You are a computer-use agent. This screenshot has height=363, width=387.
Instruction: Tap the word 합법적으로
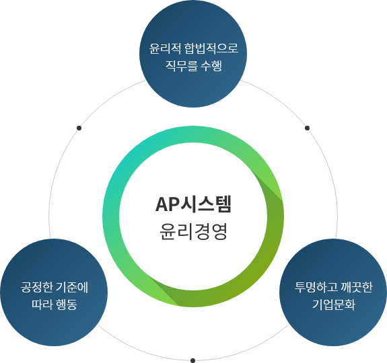coord(211,48)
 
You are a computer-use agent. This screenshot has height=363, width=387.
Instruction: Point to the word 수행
coord(211,66)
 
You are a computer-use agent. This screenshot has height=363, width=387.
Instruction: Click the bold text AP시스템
coord(193,204)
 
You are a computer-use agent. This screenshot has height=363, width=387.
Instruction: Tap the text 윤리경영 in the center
coord(193,231)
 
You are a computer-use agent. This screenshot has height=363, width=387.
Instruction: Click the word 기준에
coord(72,287)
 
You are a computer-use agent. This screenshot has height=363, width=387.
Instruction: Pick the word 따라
coord(42,305)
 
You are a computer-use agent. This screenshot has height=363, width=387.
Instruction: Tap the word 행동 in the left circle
coord(67,305)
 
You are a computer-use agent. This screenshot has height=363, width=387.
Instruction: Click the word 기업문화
coord(334,305)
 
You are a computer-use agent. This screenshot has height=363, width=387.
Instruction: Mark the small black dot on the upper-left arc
coord(79,128)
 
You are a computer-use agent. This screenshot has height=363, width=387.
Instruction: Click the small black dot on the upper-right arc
coord(308,128)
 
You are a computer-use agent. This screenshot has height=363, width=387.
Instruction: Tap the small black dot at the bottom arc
coord(193,360)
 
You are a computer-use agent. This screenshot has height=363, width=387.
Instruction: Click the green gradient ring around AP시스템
coord(111,216)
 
